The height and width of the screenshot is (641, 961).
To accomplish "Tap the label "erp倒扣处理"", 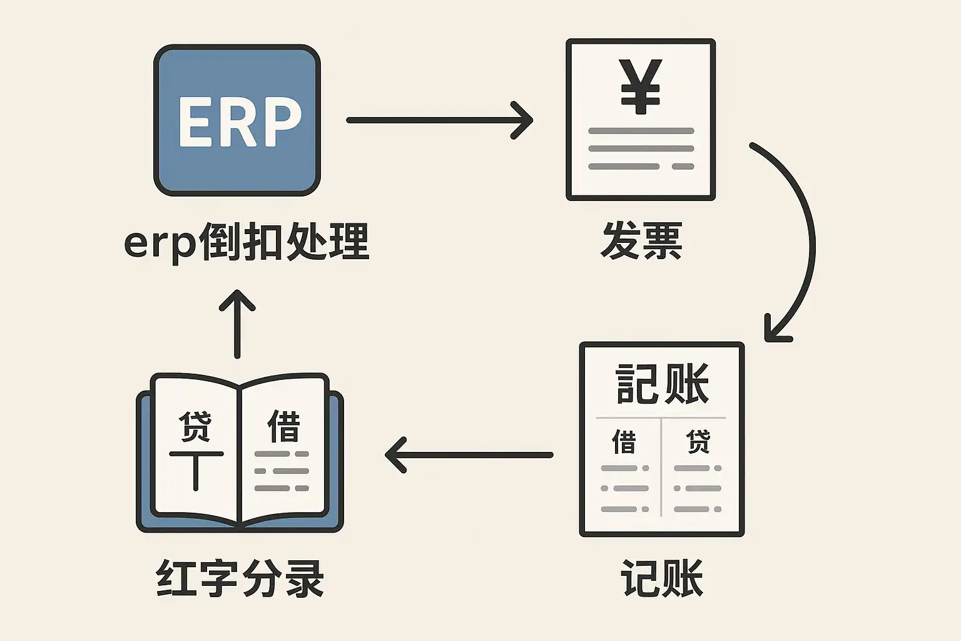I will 247,242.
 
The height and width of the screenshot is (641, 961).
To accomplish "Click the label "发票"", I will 641,240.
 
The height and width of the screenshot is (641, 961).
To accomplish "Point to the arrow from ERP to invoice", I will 438,120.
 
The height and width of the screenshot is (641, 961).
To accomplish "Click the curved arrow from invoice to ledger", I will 808,238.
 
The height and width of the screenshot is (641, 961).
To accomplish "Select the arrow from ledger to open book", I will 469,455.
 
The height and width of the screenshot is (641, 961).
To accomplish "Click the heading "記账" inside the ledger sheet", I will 662,384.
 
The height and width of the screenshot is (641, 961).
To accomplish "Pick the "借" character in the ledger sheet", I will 624,441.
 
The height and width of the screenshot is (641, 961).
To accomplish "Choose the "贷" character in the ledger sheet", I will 698,441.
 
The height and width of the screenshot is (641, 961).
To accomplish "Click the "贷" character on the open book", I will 195,426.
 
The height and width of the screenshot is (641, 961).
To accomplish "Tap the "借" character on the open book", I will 283,426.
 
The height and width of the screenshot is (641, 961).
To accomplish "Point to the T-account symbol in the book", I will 196,469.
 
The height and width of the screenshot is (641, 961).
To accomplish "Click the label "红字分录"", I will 240,578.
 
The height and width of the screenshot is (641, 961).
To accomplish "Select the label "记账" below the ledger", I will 662,578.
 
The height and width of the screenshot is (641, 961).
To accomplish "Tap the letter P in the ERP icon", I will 280,122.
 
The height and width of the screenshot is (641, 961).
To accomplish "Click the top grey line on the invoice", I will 641,131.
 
